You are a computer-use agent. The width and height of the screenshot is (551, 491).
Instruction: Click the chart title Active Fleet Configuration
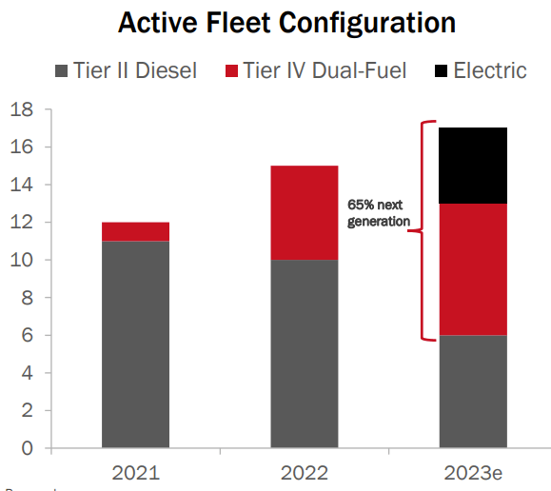tap(285, 23)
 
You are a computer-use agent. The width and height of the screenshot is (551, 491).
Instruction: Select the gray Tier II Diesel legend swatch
tap(64, 70)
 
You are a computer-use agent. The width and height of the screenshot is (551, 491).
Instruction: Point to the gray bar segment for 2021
tap(135, 344)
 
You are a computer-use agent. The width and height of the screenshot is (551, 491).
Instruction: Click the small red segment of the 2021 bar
tap(135, 231)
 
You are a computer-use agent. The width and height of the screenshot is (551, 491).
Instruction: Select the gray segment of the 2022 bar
tap(304, 353)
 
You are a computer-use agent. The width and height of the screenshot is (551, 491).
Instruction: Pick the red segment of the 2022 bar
tap(304, 212)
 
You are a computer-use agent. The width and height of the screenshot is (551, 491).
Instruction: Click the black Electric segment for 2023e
tap(472, 166)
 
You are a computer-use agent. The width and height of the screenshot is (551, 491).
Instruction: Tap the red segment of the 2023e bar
tap(472, 268)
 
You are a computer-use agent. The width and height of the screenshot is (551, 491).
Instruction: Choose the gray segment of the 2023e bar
tap(472, 390)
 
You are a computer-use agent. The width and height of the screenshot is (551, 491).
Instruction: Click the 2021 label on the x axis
tap(135, 472)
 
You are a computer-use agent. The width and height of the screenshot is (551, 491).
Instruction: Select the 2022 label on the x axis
tap(304, 472)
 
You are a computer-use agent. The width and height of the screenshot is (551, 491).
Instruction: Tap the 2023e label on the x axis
tap(472, 472)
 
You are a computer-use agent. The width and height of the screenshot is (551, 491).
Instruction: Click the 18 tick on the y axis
tap(21, 109)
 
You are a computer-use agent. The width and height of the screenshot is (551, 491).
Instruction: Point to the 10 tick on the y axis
tap(21, 260)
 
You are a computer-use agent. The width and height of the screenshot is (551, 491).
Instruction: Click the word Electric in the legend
tap(490, 70)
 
